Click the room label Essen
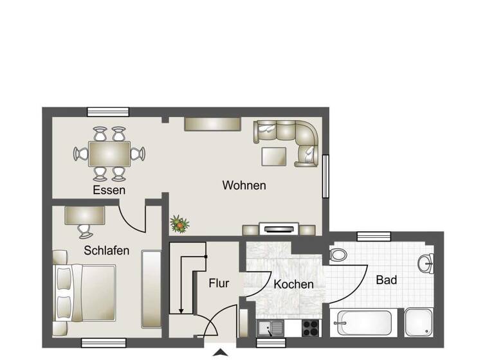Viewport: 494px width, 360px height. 109,190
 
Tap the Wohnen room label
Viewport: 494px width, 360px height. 244,185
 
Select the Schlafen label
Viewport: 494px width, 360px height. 107,251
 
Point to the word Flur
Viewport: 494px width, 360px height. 219,282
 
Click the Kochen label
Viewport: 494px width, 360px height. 293,283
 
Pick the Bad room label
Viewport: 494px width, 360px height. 387,280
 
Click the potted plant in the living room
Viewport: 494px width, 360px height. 179,224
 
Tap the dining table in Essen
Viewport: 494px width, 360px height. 109,154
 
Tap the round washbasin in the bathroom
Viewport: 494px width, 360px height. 426,262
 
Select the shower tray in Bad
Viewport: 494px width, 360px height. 421,322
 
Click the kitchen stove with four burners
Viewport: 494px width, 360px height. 311,327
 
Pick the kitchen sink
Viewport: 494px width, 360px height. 271,328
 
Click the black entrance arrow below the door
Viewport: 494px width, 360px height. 221,352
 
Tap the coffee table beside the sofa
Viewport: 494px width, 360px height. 275,156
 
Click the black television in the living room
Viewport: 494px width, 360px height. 278,228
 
